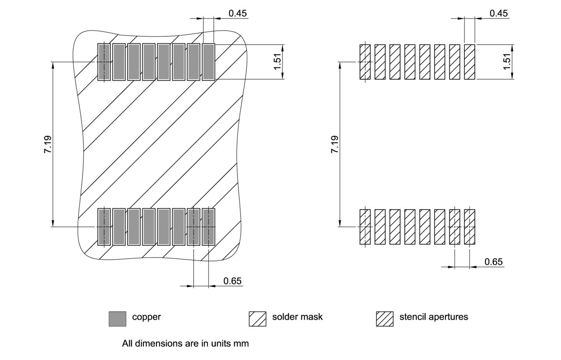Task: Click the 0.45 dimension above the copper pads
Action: [x=238, y=13]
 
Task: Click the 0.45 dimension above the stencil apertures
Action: [x=498, y=13]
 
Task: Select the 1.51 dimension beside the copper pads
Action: [x=277, y=62]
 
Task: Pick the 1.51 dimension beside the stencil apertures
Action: [x=507, y=62]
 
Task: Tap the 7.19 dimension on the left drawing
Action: [x=47, y=144]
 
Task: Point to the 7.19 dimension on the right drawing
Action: [x=334, y=144]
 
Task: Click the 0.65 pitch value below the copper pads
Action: [x=232, y=281]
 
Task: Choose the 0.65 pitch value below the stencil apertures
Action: [x=494, y=262]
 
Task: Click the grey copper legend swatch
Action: [x=117, y=318]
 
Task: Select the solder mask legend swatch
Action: [x=257, y=318]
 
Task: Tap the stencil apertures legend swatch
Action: [x=384, y=318]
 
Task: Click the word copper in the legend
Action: [x=146, y=317]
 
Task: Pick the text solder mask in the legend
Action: [x=297, y=317]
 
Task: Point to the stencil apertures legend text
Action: [x=433, y=317]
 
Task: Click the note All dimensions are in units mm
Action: [x=185, y=343]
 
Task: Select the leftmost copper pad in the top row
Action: [x=104, y=62]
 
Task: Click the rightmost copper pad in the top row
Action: [x=209, y=62]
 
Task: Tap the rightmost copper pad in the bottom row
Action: [x=209, y=226]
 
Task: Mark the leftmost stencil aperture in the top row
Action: [x=365, y=62]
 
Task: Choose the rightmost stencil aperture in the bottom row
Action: [x=469, y=226]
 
